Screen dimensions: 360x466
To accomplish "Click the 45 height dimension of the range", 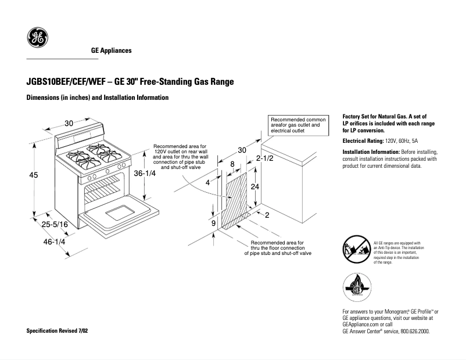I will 34,175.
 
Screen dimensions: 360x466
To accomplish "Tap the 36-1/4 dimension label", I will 145,174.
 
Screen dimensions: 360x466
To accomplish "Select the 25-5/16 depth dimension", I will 54,224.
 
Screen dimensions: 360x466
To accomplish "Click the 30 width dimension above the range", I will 69,123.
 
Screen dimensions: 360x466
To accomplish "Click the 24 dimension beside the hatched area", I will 254,186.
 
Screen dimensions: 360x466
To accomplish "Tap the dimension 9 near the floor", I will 213,223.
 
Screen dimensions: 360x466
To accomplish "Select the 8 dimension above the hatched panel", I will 232,164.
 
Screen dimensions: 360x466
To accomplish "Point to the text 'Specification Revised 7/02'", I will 58,330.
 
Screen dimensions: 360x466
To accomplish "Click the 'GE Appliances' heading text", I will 111,51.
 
